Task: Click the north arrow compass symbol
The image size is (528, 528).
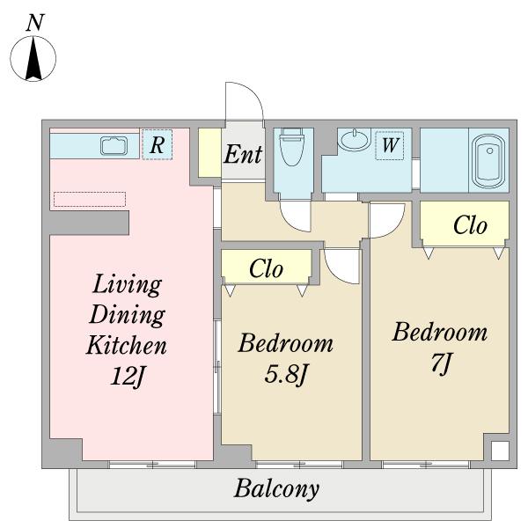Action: [33, 58]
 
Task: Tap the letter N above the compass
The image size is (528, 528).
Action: [35, 23]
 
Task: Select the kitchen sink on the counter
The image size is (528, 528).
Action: [114, 146]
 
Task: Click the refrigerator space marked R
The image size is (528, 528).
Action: [157, 145]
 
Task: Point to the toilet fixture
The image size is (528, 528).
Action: [292, 146]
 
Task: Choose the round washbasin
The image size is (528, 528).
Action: [355, 140]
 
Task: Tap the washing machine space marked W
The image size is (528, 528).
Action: [390, 145]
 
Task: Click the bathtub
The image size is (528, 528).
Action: [489, 161]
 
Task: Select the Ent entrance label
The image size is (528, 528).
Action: [243, 154]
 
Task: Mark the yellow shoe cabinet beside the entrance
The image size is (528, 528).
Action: [209, 152]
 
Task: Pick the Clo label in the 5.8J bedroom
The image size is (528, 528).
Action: [266, 268]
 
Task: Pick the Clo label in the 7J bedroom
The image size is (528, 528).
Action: [470, 224]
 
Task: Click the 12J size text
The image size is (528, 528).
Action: [128, 376]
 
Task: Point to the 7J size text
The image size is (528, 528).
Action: [441, 363]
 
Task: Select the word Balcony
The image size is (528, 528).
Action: [276, 488]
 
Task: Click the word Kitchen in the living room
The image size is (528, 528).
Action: [127, 345]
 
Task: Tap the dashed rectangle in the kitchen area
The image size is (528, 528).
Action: [90, 199]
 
